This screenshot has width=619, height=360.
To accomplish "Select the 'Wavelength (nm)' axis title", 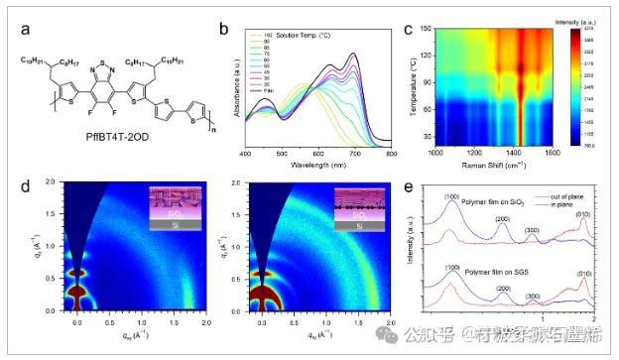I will [318, 168].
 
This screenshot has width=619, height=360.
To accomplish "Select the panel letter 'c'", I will [408, 29].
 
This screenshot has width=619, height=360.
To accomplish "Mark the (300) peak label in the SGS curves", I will [533, 296].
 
